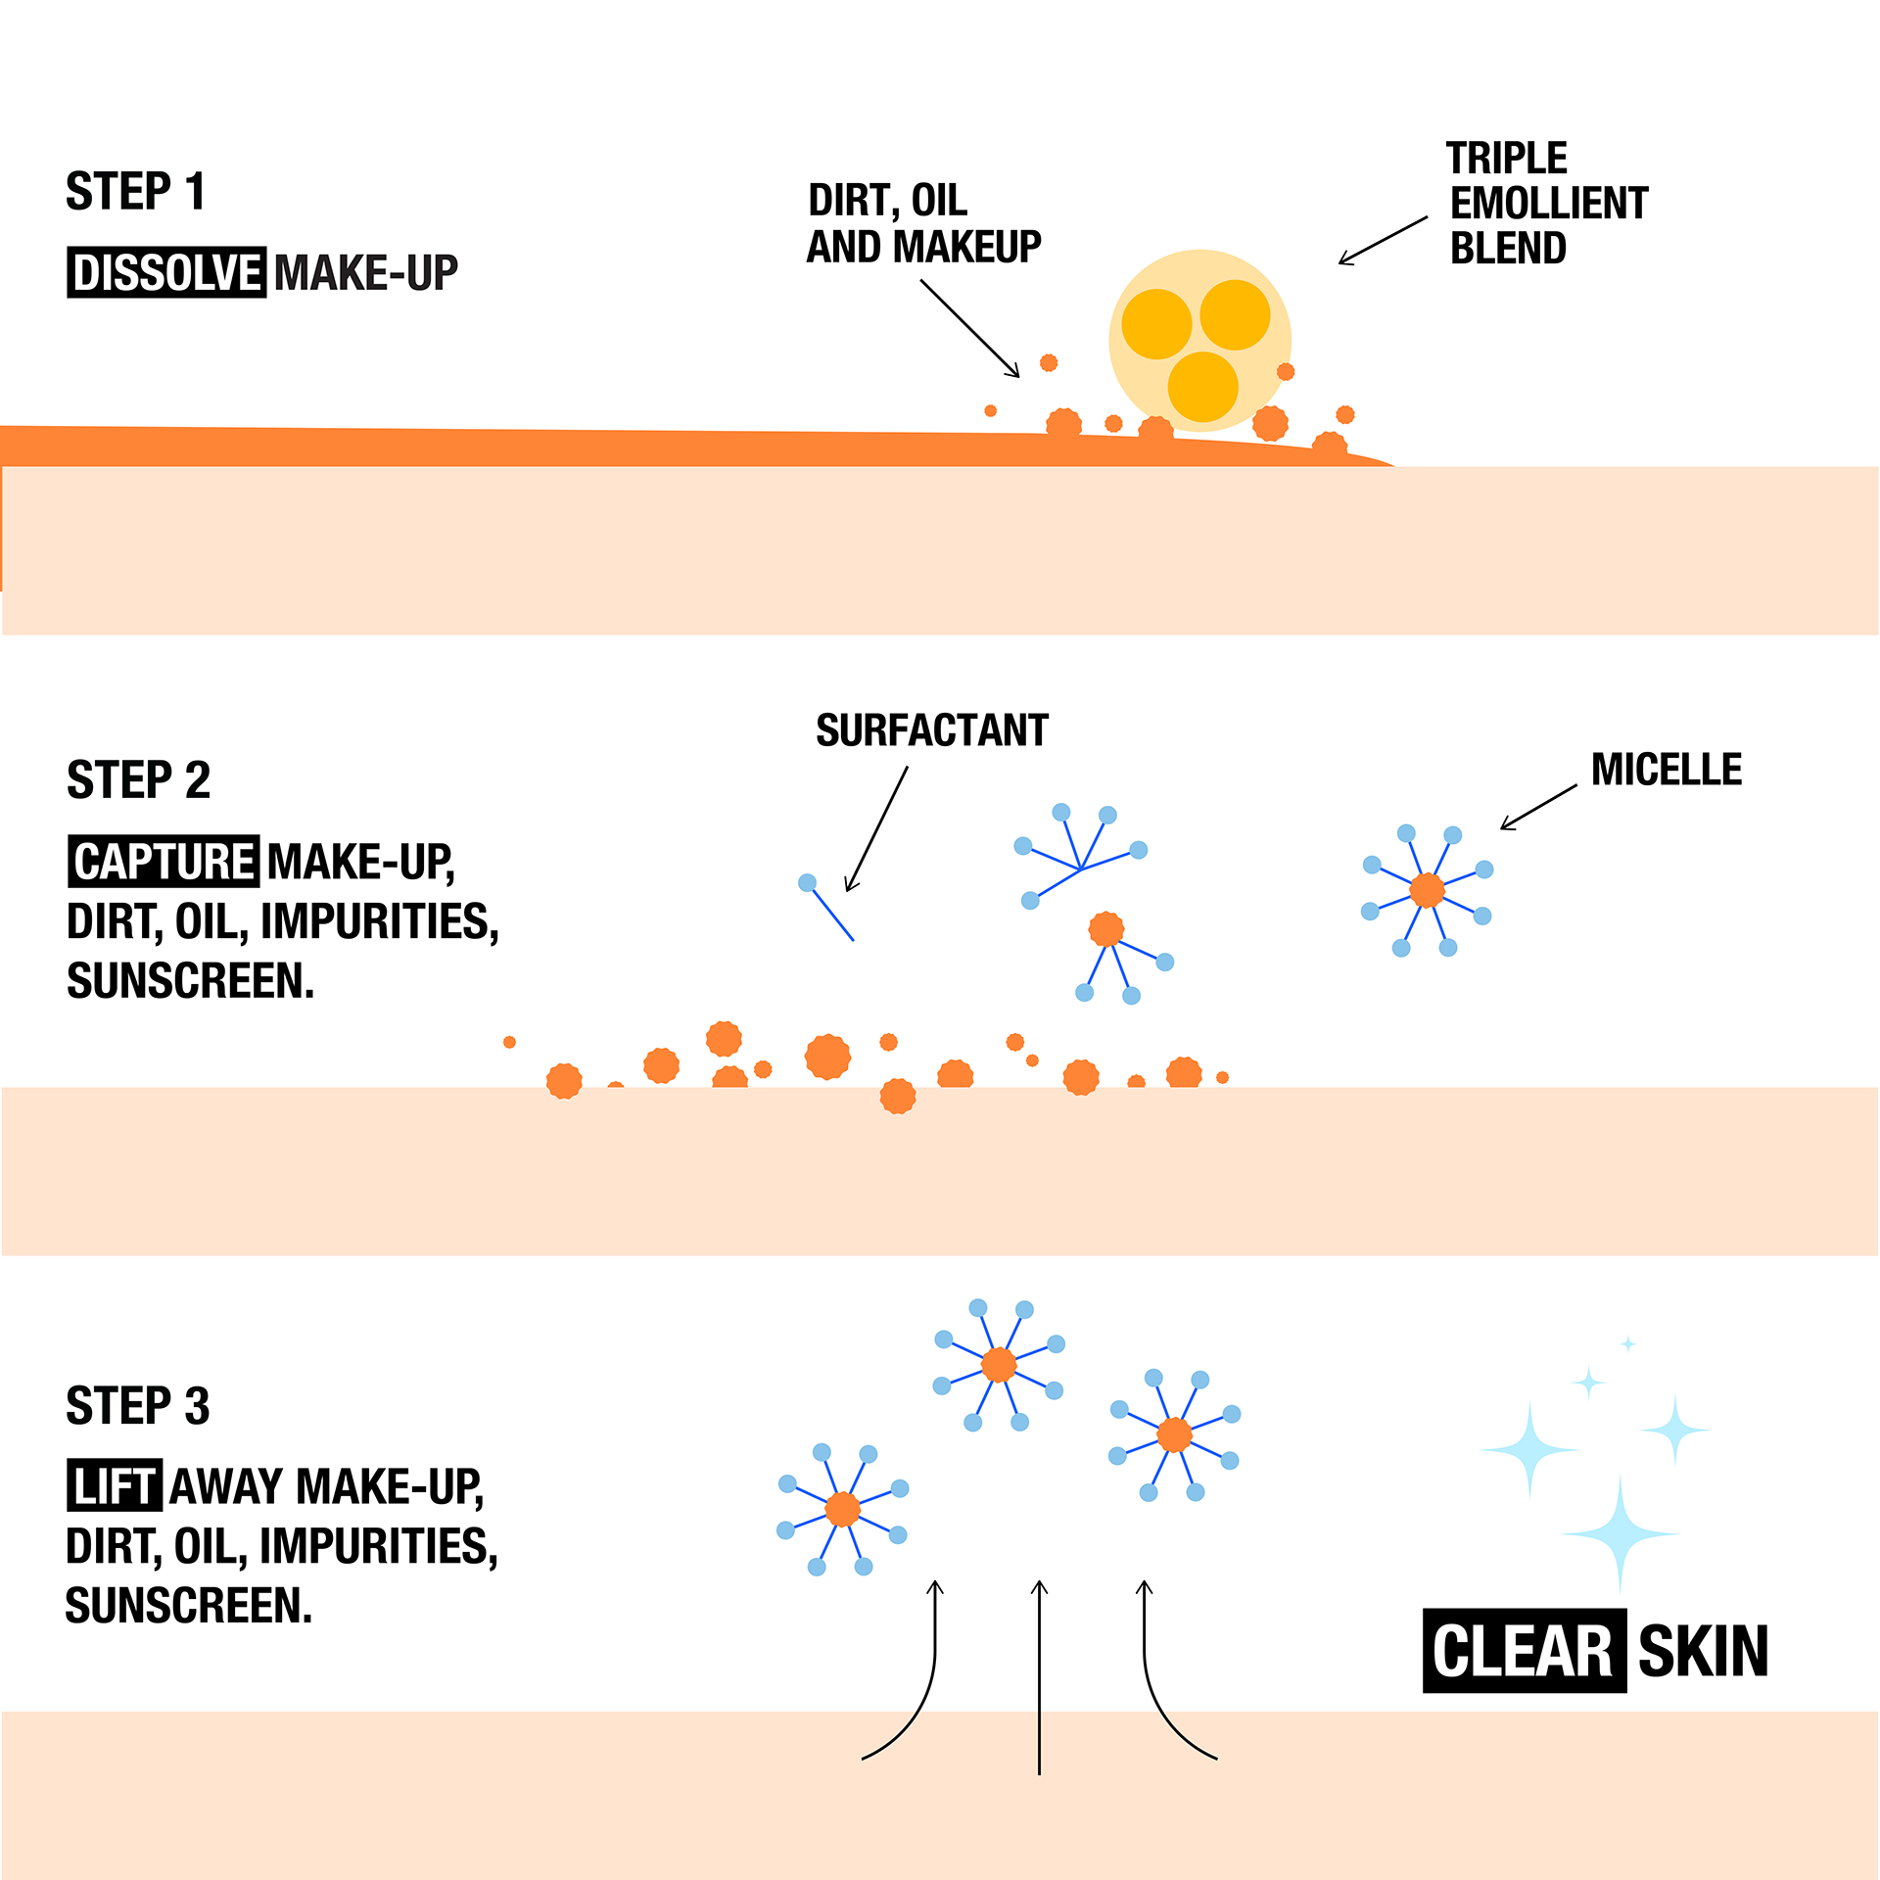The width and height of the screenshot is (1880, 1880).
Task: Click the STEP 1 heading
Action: coord(135,191)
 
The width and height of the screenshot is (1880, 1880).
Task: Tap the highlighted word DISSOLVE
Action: coord(166,273)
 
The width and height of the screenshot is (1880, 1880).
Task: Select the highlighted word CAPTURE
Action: coord(164,863)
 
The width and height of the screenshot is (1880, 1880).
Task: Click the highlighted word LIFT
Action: coord(114,1486)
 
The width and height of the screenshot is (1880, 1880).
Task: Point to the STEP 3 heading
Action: coord(137,1406)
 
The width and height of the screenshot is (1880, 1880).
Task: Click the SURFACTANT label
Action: coord(931,730)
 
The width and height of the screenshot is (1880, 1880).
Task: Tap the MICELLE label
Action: coord(1666,770)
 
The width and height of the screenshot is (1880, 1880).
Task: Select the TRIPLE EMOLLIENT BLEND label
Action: coord(1547,203)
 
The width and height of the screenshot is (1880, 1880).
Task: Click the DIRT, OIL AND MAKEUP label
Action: coord(922,223)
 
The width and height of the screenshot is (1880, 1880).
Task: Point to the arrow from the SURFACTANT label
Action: coord(876,828)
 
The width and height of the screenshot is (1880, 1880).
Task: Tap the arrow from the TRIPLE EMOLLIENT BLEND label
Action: coord(1383,241)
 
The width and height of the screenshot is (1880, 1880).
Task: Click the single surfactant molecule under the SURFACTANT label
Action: coord(827,910)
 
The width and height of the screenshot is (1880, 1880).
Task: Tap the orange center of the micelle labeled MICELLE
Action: coord(1427,890)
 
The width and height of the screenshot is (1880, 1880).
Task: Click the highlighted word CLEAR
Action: coord(1524,1651)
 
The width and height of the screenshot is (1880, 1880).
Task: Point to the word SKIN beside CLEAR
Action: coord(1703,1651)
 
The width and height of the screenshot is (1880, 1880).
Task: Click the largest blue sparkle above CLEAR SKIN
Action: coord(1620,1532)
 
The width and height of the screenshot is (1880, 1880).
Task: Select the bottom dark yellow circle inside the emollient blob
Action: coord(1202,387)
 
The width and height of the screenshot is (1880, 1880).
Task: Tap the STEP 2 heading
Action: coord(138,780)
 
